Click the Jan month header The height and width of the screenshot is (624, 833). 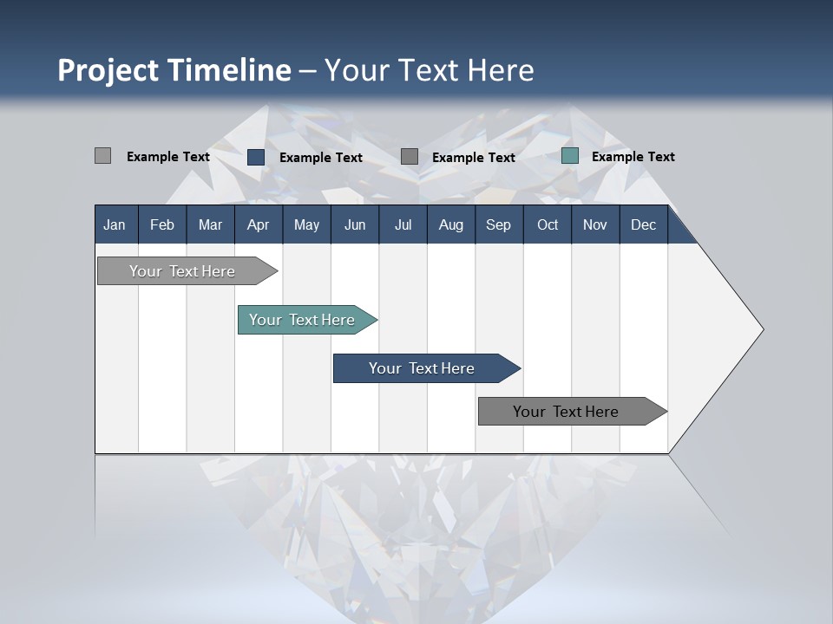coord(115,224)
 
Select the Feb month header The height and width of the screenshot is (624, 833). coord(162,224)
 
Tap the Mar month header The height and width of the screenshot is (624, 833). coord(210,224)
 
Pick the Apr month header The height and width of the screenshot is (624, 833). coord(259,224)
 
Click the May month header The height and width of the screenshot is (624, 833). coord(306,224)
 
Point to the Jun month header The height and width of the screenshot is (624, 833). coord(355,224)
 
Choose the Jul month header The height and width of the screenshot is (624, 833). coord(403,224)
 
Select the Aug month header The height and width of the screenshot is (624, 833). coord(451,224)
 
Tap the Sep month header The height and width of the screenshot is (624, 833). coord(499,224)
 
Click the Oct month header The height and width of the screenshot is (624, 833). coord(548,224)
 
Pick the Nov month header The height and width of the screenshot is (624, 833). coord(595,224)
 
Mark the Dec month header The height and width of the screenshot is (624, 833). coord(644,224)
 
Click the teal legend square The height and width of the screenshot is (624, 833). coord(570,156)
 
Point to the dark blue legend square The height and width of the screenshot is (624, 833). coord(256,157)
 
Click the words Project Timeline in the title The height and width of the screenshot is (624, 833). coord(174,70)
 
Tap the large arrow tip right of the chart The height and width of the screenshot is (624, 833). coord(725,329)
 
